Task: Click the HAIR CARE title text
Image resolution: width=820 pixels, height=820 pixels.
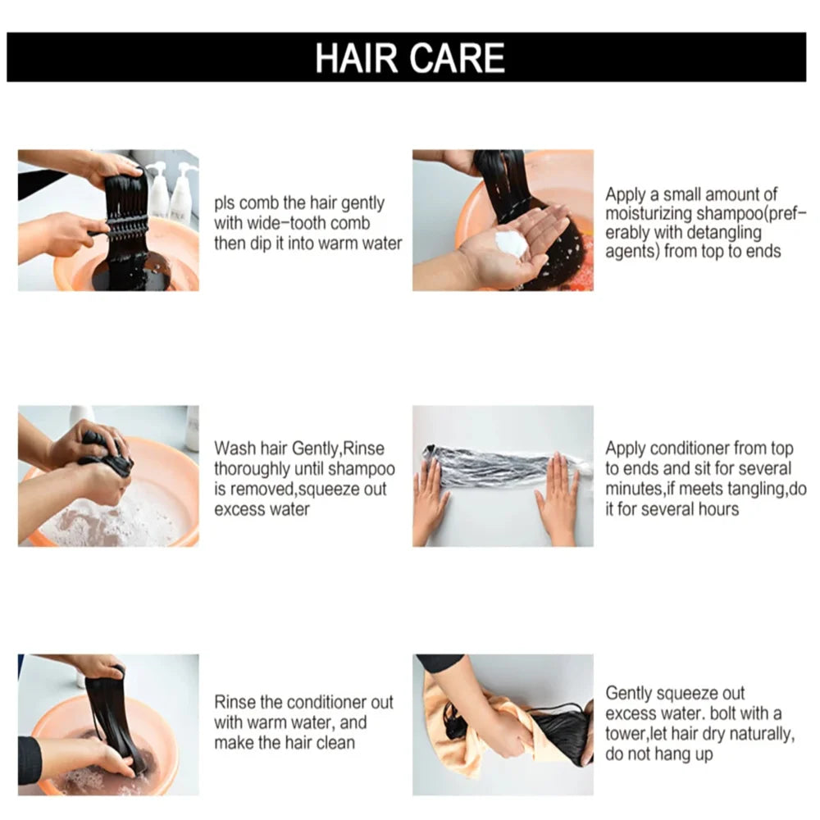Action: (x=409, y=57)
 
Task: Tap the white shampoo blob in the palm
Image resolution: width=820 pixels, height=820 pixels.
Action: (x=512, y=244)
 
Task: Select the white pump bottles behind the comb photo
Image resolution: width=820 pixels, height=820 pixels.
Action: (x=171, y=193)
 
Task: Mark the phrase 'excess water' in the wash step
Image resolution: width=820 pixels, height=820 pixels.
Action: (x=262, y=509)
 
